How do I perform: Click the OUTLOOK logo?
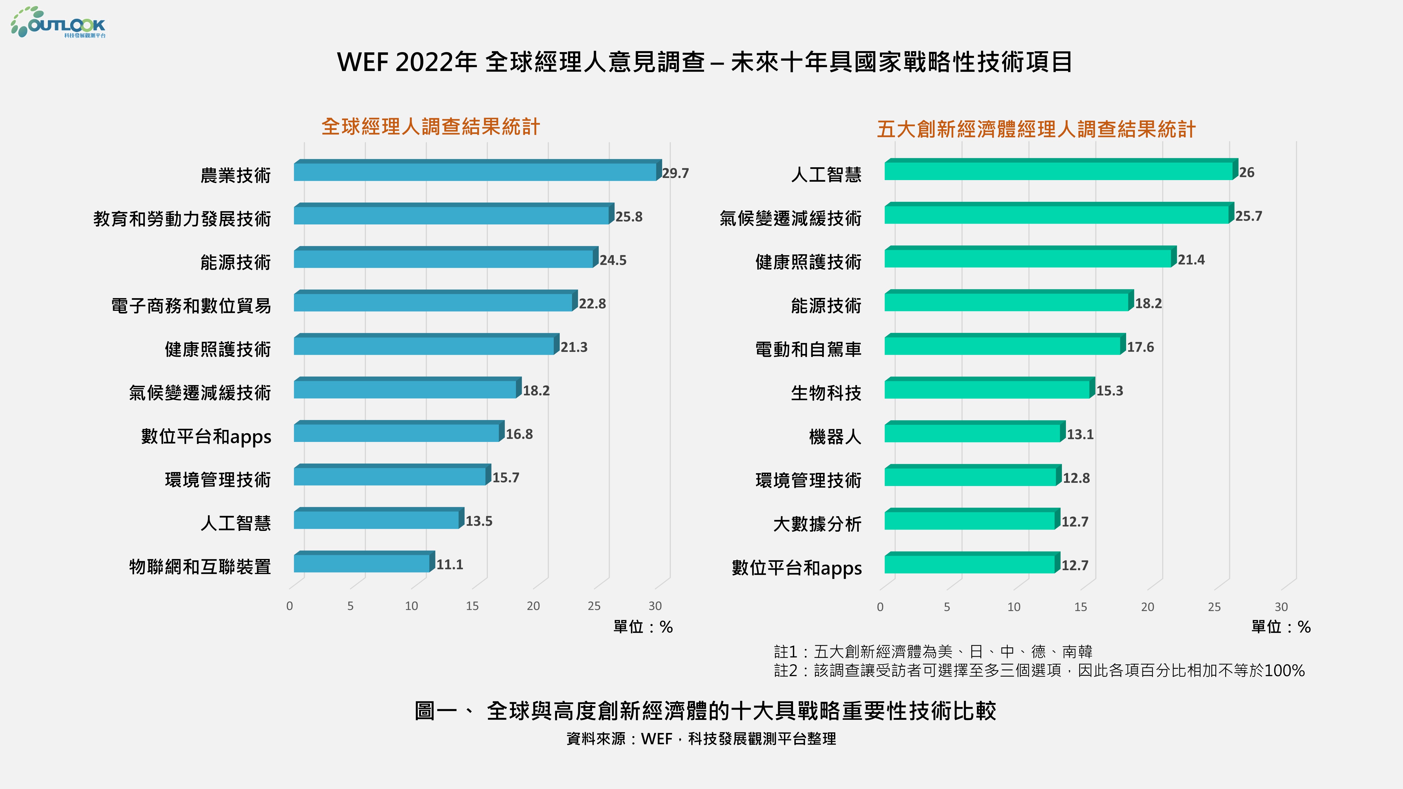coord(58,23)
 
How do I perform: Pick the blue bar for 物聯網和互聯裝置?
coord(362,563)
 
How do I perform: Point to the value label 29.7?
coord(675,173)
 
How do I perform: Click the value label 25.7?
coord(1248,216)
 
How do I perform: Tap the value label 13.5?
coord(479,521)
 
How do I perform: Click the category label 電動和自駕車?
coord(808,349)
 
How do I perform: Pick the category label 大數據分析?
coord(817,524)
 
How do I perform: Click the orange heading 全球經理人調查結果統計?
coord(430,127)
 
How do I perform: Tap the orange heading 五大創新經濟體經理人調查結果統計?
coord(1036,129)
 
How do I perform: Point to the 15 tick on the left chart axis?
coord(472,605)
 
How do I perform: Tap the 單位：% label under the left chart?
coord(643,627)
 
